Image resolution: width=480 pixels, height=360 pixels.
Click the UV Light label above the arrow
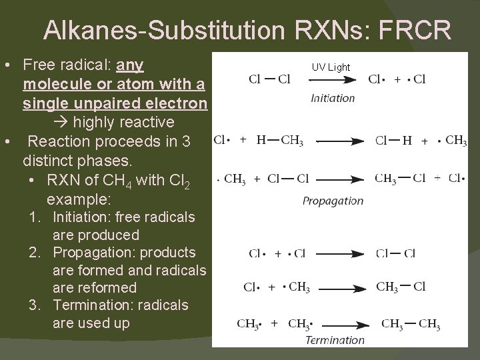click(331, 67)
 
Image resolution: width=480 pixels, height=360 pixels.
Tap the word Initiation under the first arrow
click(333, 98)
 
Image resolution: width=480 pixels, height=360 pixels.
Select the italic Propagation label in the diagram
click(333, 201)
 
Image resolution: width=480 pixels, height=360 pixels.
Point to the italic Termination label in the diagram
click(335, 340)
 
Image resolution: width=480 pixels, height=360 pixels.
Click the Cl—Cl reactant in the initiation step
click(269, 80)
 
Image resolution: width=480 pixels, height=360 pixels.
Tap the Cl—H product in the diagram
click(393, 141)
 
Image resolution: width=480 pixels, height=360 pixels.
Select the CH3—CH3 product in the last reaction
click(411, 325)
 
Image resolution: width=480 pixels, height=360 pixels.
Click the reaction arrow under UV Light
click(331, 80)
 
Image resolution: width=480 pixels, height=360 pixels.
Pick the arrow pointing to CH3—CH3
click(341, 325)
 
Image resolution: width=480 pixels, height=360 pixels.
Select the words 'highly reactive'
click(123, 123)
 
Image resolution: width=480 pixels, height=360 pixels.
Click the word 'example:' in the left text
click(79, 199)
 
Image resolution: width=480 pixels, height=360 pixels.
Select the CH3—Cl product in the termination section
click(401, 287)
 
